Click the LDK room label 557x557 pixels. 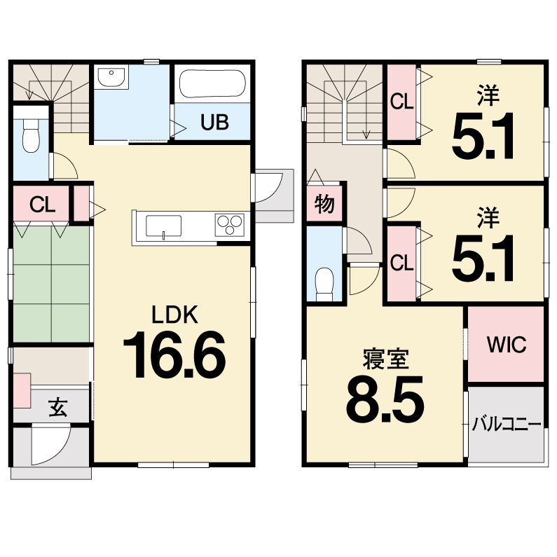click(x=174, y=315)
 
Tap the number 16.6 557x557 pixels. click(x=174, y=355)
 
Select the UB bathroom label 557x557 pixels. click(x=214, y=122)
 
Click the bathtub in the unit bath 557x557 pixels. click(x=212, y=84)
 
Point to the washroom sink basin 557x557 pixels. click(x=111, y=76)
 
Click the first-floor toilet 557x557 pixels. click(x=31, y=135)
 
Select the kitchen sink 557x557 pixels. click(x=163, y=226)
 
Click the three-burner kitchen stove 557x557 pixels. click(x=230, y=224)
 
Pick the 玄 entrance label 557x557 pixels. click(x=58, y=407)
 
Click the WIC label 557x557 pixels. click(x=506, y=345)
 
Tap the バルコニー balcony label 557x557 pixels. click(x=506, y=425)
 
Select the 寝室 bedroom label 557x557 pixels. click(x=386, y=359)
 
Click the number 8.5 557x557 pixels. click(x=385, y=399)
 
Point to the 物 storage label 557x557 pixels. click(x=324, y=204)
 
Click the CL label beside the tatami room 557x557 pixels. click(x=43, y=205)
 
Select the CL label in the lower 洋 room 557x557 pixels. click(x=401, y=263)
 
